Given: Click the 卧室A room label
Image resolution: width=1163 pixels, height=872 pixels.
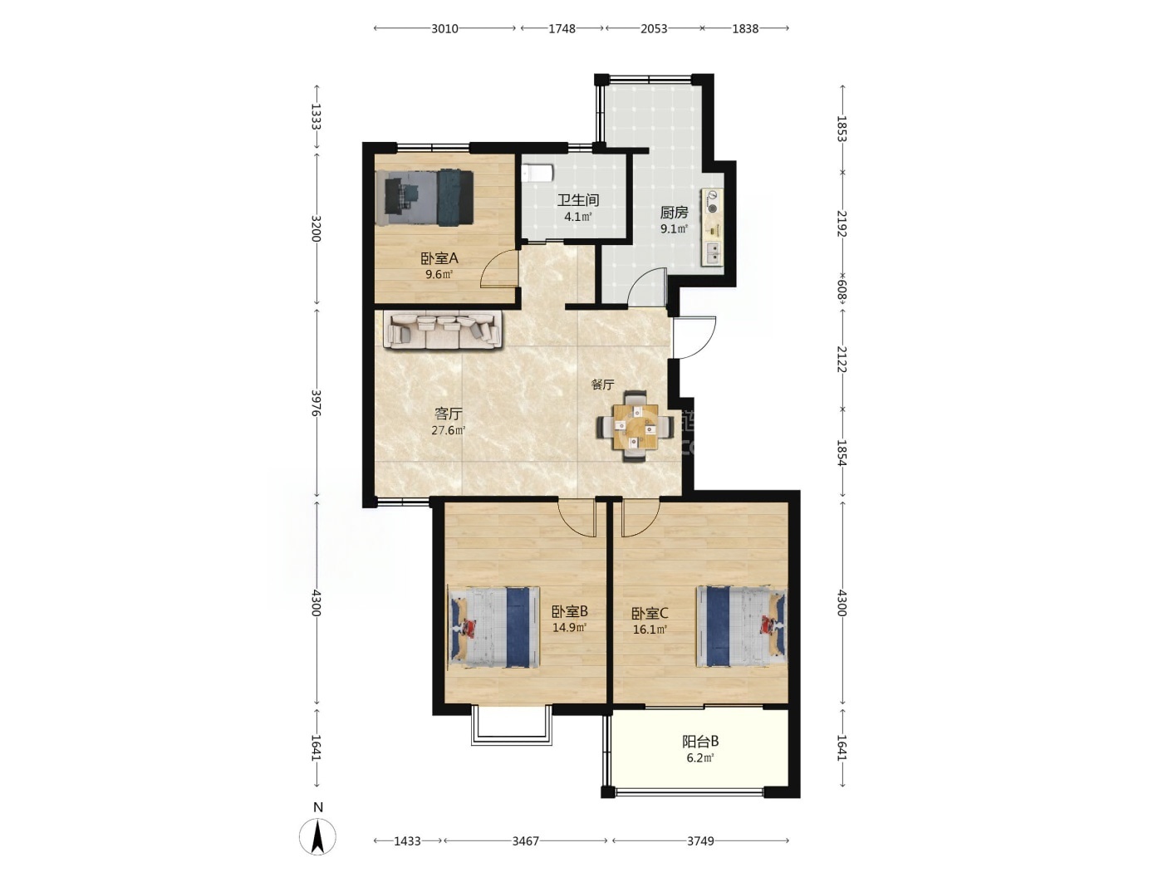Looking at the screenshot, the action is click(x=439, y=258).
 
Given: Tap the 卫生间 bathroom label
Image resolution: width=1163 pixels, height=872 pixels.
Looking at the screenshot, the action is click(x=577, y=200).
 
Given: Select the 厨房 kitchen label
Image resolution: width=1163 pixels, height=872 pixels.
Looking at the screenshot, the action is click(x=674, y=213).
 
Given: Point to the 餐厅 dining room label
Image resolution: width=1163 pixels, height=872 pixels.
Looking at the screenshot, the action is click(x=602, y=385).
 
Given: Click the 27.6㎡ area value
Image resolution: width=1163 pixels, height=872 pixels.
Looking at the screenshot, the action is click(x=449, y=430).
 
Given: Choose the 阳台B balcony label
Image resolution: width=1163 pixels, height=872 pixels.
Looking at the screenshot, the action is click(x=700, y=742).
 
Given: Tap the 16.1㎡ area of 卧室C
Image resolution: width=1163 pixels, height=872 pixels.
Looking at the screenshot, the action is click(x=650, y=630).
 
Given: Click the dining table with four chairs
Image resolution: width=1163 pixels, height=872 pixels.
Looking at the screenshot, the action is click(x=635, y=427).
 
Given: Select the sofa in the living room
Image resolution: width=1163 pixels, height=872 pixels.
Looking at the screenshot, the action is click(x=443, y=330).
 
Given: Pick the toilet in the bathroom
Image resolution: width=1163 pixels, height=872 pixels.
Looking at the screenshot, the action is click(x=537, y=173).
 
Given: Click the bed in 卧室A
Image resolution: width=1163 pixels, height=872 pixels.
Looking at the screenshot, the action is click(x=424, y=198).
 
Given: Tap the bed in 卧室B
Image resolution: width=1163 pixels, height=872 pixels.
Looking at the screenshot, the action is click(x=493, y=627).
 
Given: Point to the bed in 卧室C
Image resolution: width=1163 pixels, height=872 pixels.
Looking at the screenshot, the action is click(x=742, y=626).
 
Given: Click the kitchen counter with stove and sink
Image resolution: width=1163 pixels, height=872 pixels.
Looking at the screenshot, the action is click(x=713, y=227).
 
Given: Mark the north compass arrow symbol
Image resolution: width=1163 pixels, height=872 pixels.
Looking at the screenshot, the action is click(x=318, y=836).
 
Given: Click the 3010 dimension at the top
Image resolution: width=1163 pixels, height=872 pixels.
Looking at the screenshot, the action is click(x=444, y=28).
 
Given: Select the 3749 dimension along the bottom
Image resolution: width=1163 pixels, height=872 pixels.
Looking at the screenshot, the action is click(x=700, y=840).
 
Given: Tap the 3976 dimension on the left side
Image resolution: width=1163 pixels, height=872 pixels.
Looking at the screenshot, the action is click(x=317, y=404).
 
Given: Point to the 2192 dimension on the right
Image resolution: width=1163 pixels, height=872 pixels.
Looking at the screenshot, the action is click(x=842, y=223).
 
